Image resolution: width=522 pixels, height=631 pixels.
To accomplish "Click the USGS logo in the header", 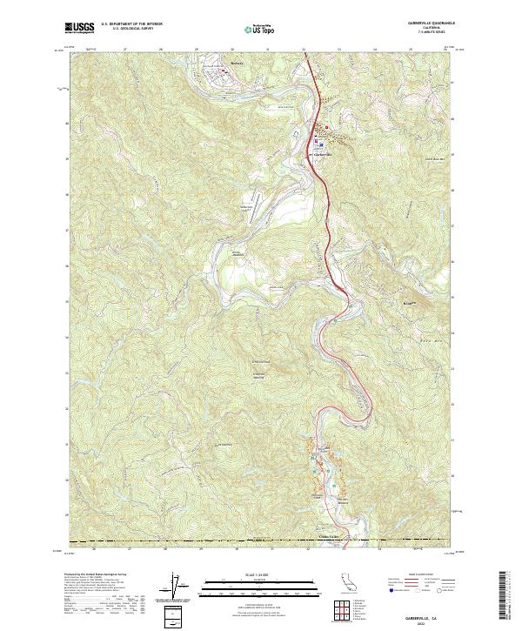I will point(79,28).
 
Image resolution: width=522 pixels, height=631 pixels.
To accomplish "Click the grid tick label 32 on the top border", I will point(304,50).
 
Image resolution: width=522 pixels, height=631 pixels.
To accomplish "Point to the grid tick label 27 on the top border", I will point(127,50).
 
